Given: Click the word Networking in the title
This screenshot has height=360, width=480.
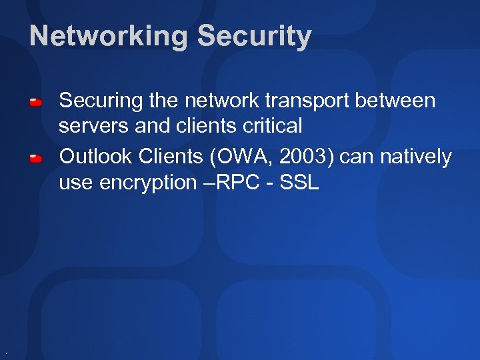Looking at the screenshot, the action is [109, 37].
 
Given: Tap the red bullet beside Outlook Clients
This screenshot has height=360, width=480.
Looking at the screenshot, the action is [36, 158].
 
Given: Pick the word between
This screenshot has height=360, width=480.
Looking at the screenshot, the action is [399, 101].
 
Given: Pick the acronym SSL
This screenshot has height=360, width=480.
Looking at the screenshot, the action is [300, 182].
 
